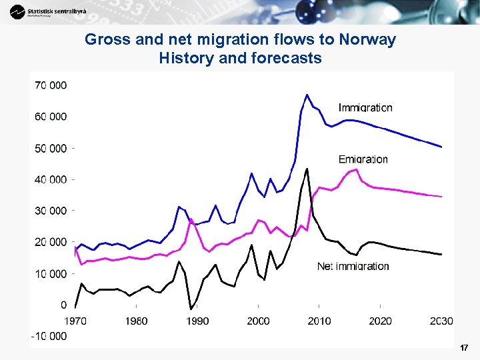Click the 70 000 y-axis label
[x=51, y=85]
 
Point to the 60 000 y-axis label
[x=51, y=117]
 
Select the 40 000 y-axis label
[x=51, y=179]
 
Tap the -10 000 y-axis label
[x=49, y=336]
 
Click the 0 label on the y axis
[x=63, y=305]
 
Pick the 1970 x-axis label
[x=75, y=321]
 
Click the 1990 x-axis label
[x=197, y=321]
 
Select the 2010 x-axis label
[x=319, y=321]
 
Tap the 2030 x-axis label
[x=441, y=321]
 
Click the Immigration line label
[x=365, y=107]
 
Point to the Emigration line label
[x=363, y=159]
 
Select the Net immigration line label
[x=353, y=266]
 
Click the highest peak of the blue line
[x=307, y=95]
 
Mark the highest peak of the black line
[x=307, y=169]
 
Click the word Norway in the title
[x=371, y=40]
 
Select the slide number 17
[x=464, y=348]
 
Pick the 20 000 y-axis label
[x=51, y=242]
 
